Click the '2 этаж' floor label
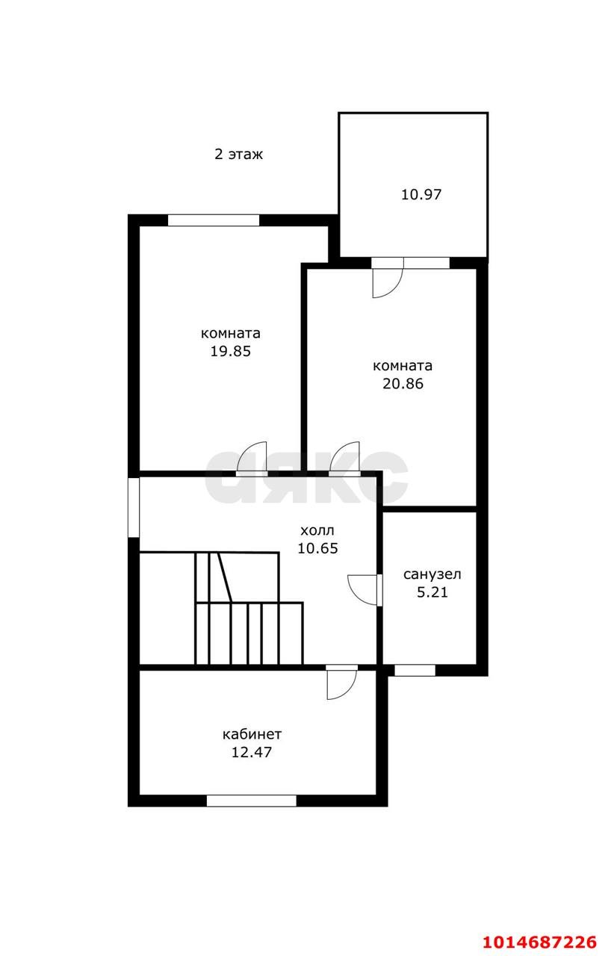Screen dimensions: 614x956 pyautogui.click(x=238, y=154)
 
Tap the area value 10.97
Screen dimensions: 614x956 pyautogui.click(x=421, y=195)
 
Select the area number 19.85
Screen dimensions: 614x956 pyautogui.click(x=230, y=351)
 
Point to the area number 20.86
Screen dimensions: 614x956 pyautogui.click(x=403, y=384)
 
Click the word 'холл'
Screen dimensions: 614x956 pyautogui.click(x=317, y=531)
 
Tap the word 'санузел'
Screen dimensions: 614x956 pyautogui.click(x=432, y=575)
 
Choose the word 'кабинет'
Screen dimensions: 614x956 pyautogui.click(x=252, y=734)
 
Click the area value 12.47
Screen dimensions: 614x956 pyautogui.click(x=252, y=752)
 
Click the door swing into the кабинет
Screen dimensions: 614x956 pyautogui.click(x=341, y=683)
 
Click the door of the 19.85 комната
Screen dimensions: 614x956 pyautogui.click(x=252, y=459)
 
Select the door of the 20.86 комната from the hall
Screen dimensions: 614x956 pyautogui.click(x=344, y=459)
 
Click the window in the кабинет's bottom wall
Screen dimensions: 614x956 pyautogui.click(x=251, y=801)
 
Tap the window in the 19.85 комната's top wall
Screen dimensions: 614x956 pyautogui.click(x=214, y=220)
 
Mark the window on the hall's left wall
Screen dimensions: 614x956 pyautogui.click(x=134, y=507)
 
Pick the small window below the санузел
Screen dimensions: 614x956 pyautogui.click(x=415, y=671)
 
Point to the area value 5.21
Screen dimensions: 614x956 pyautogui.click(x=432, y=592)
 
